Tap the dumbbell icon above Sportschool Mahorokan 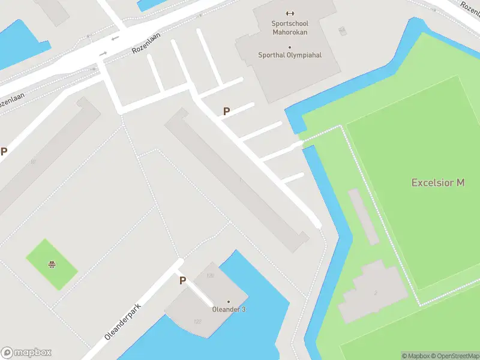tap(290, 13)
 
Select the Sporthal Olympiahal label tap(290, 55)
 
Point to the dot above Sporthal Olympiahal tap(290, 47)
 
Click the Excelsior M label tap(438, 182)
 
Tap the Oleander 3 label tap(229, 310)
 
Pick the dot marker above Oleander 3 tap(229, 301)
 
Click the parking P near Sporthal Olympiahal tap(226, 111)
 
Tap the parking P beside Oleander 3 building tap(182, 280)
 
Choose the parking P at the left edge tap(4, 152)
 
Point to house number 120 tap(210, 276)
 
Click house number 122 tap(197, 322)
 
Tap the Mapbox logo tap(26, 353)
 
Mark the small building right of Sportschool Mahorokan tap(342, 30)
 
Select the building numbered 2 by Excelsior tap(375, 292)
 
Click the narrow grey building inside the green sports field tap(363, 216)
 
